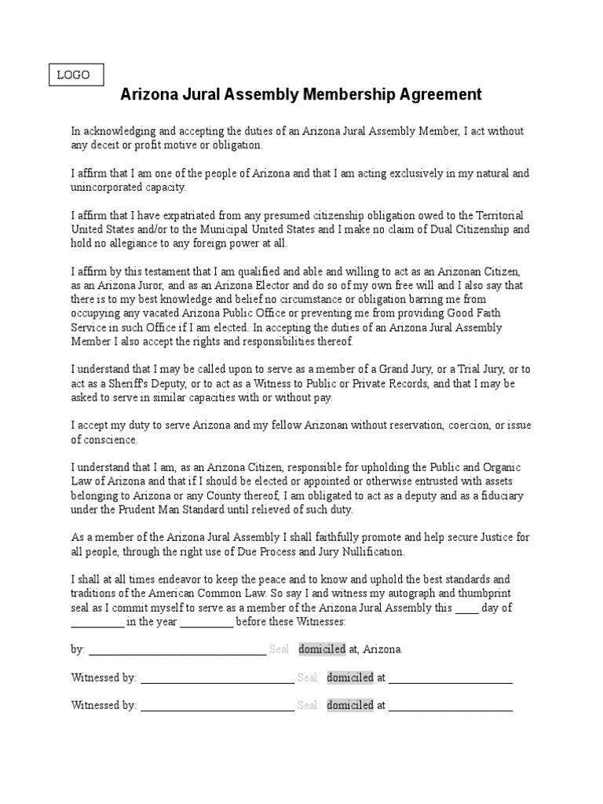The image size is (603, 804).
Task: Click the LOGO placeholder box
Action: pos(74,75)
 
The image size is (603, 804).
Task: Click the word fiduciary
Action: pos(497,496)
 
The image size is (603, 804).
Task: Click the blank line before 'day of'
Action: pos(466,608)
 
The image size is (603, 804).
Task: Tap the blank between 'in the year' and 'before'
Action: pos(206,623)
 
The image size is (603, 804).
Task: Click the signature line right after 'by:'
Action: pos(177,650)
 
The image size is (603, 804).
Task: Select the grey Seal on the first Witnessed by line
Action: pos(307,678)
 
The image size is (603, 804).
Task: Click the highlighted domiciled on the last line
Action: pos(349,705)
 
